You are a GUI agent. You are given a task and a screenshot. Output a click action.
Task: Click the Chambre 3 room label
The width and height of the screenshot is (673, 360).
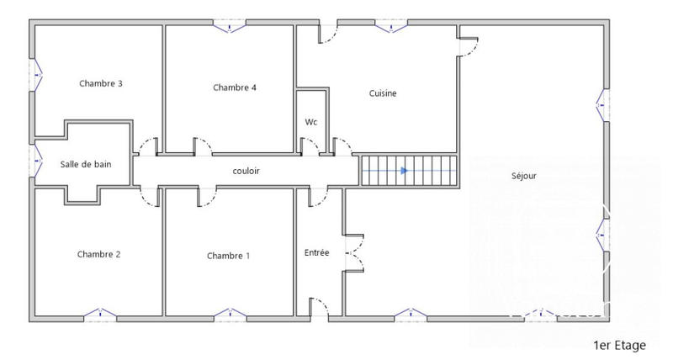tap(101, 83)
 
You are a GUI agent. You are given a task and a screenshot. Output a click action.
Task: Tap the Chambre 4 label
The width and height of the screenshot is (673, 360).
tap(235, 87)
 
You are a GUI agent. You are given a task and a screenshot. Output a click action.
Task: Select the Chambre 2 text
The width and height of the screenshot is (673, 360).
tap(99, 254)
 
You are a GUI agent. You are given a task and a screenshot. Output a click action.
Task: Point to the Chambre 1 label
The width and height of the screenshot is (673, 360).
tap(228, 256)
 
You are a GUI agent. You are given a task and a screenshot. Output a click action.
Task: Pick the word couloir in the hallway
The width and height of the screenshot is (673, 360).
tap(246, 171)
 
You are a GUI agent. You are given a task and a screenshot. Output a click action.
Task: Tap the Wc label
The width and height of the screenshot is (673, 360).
tap(310, 122)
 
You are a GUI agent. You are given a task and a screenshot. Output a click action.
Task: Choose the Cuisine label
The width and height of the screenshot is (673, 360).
tap(383, 93)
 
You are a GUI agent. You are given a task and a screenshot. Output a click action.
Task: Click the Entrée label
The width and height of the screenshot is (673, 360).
tap(316, 252)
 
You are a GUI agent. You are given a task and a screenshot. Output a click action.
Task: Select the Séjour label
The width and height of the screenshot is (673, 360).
tap(523, 176)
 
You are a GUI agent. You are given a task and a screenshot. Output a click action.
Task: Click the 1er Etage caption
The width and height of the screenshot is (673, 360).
tap(620, 345)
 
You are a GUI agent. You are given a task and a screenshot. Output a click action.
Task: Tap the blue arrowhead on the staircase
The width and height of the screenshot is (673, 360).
tap(405, 171)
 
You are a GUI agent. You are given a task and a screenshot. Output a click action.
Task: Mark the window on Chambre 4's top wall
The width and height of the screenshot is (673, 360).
tap(229, 27)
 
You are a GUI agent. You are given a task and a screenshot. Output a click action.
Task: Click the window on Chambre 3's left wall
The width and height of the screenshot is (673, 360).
tap(35, 76)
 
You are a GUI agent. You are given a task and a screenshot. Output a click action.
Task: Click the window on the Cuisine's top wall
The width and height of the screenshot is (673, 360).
tap(390, 27)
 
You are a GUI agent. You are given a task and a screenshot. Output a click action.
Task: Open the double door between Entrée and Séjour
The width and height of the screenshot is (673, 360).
tap(354, 251)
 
